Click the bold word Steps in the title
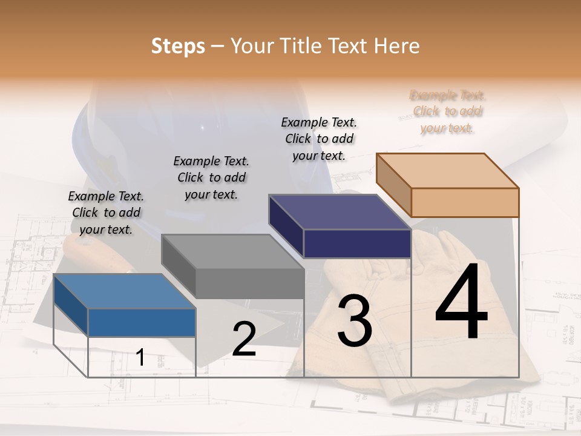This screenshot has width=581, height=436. pos(178,46)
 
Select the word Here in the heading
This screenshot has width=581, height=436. pos(397,46)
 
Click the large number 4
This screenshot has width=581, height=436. pos(461,302)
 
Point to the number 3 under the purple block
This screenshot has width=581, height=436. pos(355,320)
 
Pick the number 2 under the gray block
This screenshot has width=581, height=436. pos(244,339)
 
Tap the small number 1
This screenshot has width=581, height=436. pos(140,357)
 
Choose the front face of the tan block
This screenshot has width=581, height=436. pos(465,202)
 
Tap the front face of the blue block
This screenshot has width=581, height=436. pos(142,322)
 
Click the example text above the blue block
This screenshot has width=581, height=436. pos(107,213)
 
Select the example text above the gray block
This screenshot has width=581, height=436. pos(211,177)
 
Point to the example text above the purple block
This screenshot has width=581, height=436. pos(319,139)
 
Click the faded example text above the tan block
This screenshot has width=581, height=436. pos(448,111)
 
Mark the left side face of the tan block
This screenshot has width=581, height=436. pos(393,185)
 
